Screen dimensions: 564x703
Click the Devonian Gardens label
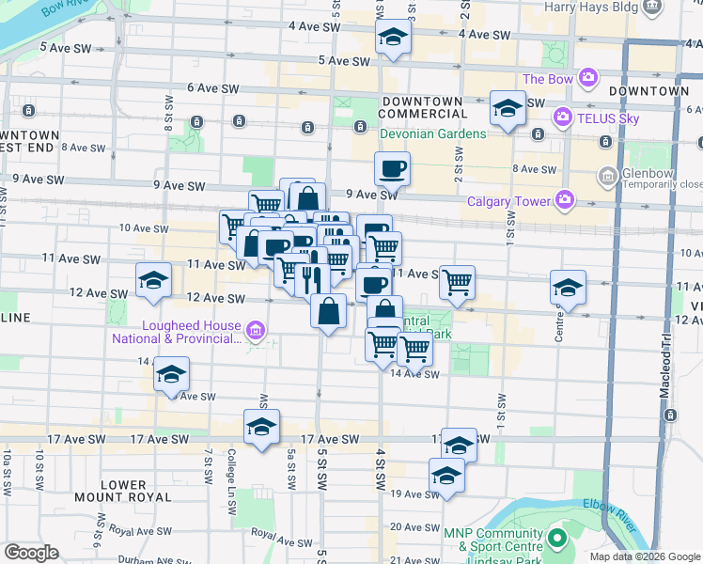(432, 133)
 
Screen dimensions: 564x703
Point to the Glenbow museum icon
(607, 175)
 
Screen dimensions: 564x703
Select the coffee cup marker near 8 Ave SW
(392, 168)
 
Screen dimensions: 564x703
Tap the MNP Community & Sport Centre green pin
(557, 540)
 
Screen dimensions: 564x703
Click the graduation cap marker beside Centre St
(568, 286)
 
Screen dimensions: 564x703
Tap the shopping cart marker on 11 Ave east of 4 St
(457, 281)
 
